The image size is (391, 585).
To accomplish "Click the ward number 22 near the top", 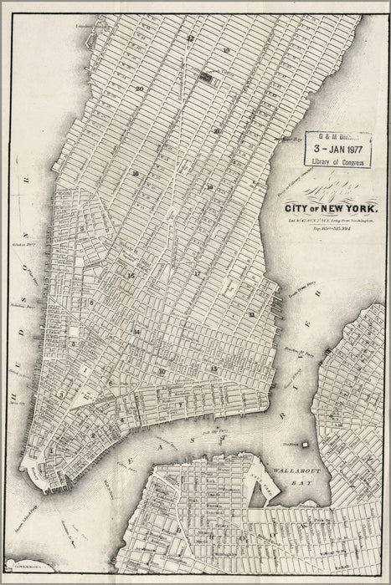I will [191, 38].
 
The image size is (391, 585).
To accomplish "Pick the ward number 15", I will [131, 274].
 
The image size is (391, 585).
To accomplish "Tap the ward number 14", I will [136, 332].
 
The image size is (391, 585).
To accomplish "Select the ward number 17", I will [198, 273].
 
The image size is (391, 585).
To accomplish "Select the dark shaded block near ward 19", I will [205, 76].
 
